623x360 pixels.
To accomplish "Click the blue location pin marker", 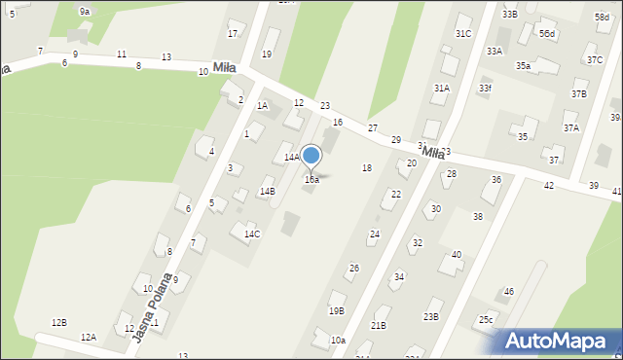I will pyautogui.click(x=311, y=156).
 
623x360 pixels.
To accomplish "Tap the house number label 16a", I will pyautogui.click(x=311, y=180).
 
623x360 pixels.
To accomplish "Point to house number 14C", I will pyautogui.click(x=252, y=234).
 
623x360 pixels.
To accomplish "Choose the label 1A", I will pyautogui.click(x=262, y=106).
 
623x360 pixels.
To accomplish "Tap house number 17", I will pyautogui.click(x=233, y=34).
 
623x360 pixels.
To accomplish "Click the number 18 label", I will pyautogui.click(x=367, y=168).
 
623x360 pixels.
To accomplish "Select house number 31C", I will pyautogui.click(x=463, y=34).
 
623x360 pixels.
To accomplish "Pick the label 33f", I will pyautogui.click(x=485, y=89).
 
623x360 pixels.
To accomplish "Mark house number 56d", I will pyautogui.click(x=548, y=34).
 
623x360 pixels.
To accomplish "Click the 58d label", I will pyautogui.click(x=602, y=18).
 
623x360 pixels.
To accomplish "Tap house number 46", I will pyautogui.click(x=508, y=292).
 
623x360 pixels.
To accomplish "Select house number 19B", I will pyautogui.click(x=336, y=311).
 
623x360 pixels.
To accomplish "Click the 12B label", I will pyautogui.click(x=59, y=322).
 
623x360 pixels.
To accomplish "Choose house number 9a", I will pyautogui.click(x=85, y=12).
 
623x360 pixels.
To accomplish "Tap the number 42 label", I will pyautogui.click(x=549, y=185).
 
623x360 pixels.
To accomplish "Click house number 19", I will pyautogui.click(x=267, y=54).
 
